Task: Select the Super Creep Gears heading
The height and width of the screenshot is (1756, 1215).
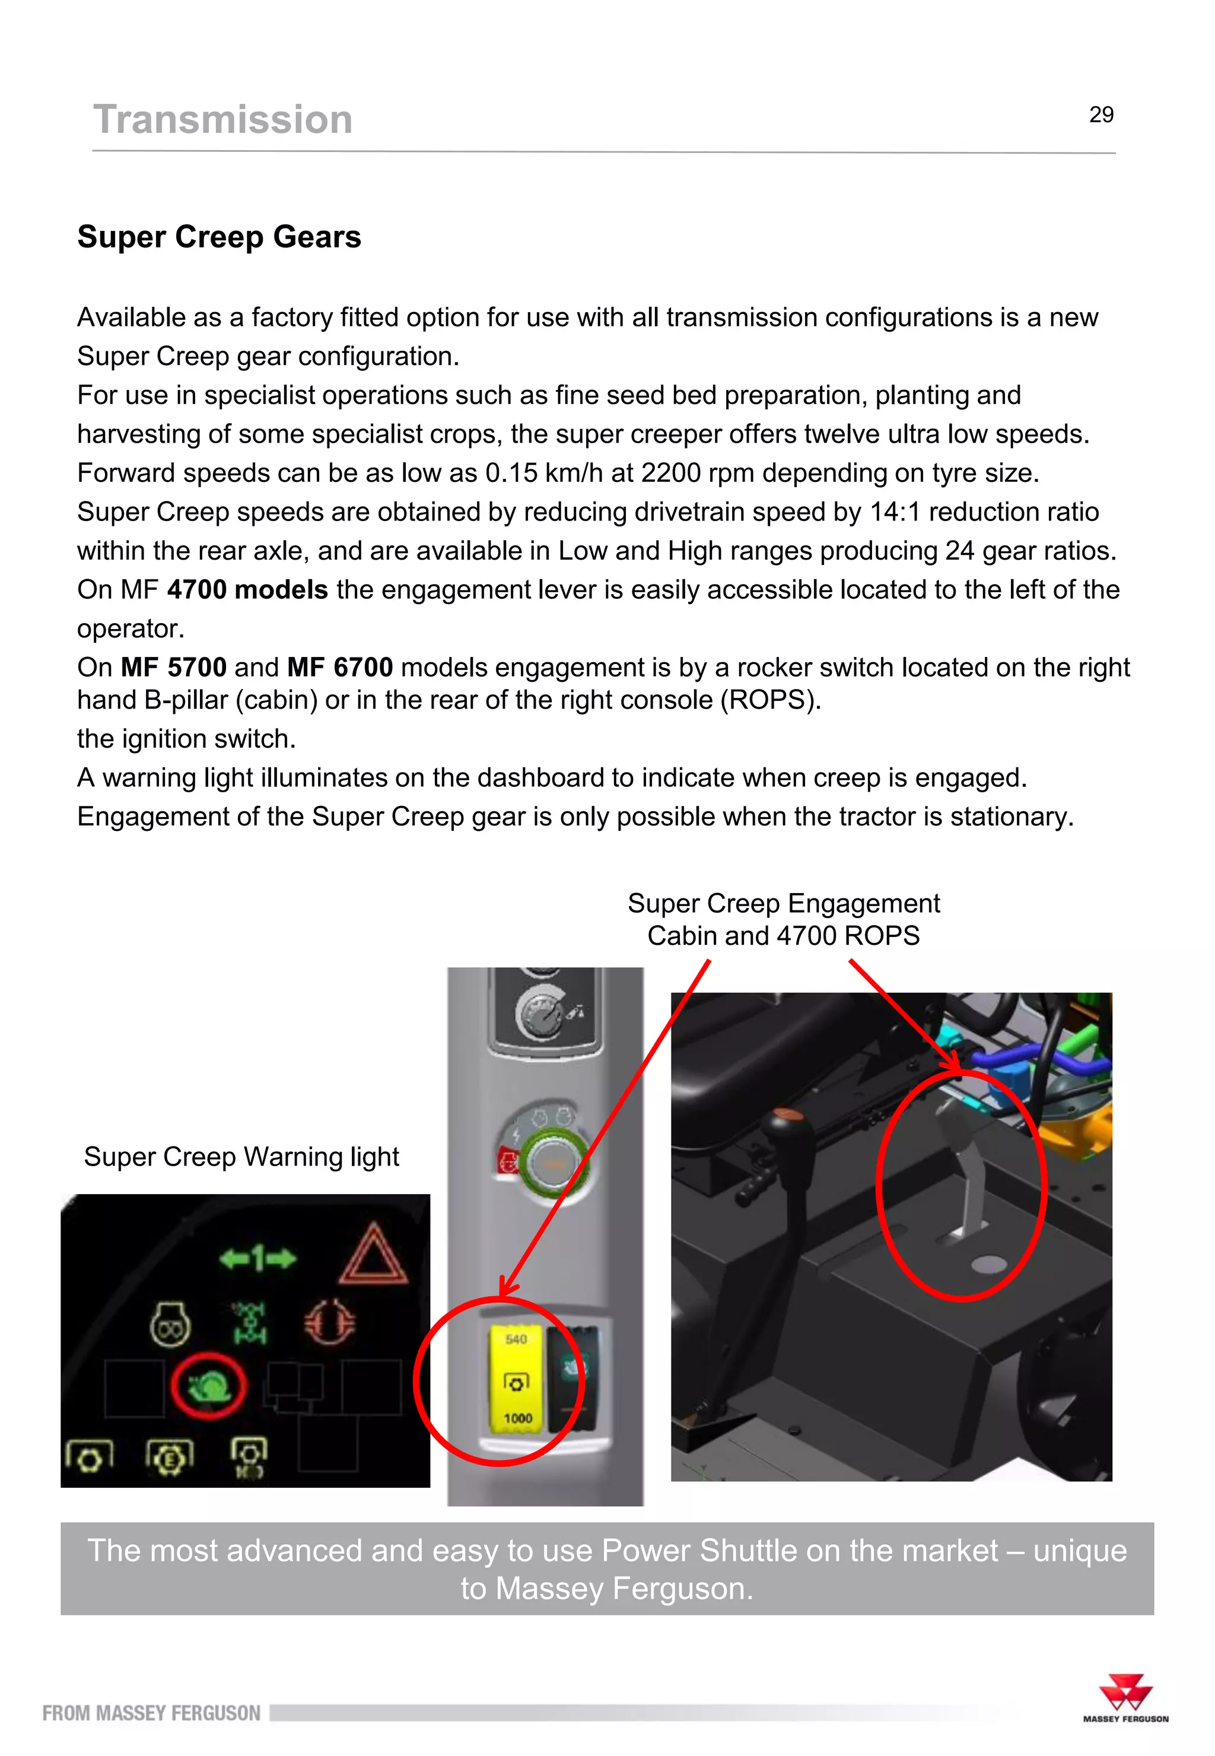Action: [220, 237]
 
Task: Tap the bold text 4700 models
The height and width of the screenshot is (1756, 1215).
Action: [247, 589]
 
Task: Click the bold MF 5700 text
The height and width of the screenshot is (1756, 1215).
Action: [174, 667]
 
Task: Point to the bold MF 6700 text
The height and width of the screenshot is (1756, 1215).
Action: [339, 667]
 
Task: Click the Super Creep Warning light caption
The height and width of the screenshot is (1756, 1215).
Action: [241, 1156]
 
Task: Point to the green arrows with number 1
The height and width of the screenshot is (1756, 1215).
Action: [257, 1258]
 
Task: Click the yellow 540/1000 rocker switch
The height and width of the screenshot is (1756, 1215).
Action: [516, 1380]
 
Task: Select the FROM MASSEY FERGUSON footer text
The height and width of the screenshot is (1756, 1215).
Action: [151, 1713]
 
